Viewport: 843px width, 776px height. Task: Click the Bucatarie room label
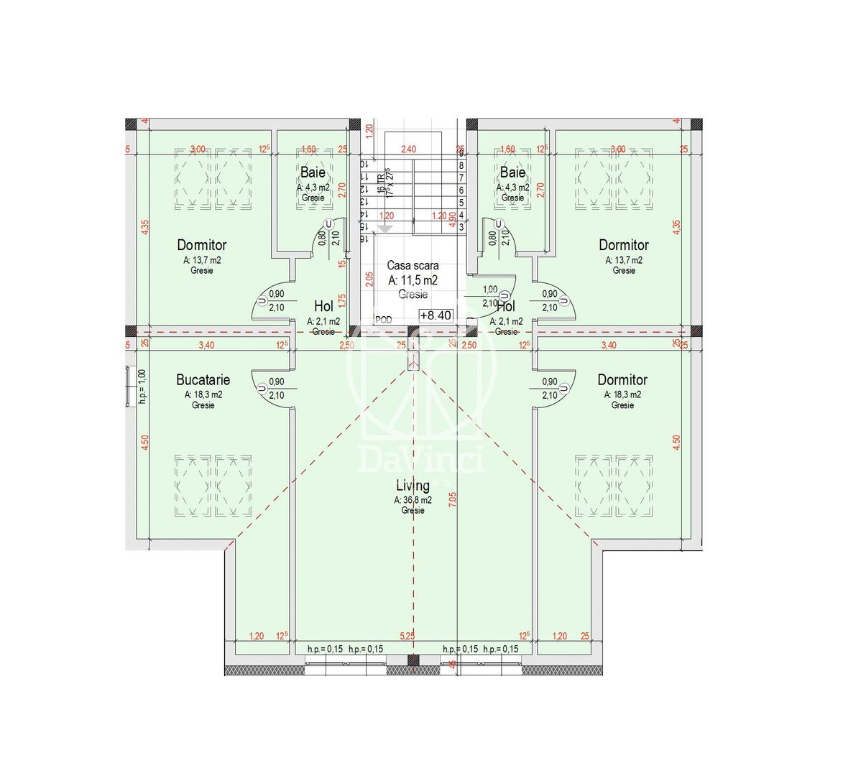[x=203, y=379]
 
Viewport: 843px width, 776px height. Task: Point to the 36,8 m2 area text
[x=413, y=500]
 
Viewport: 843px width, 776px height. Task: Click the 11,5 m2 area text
[x=413, y=280]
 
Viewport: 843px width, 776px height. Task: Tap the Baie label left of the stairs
[x=313, y=172]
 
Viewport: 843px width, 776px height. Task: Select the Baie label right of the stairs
[x=512, y=172]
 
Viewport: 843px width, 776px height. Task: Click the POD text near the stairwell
[x=384, y=320]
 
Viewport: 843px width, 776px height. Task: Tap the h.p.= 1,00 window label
[x=142, y=386]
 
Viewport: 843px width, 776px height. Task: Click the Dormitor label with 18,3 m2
[x=622, y=379]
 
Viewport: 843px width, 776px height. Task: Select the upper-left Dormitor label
[x=202, y=245]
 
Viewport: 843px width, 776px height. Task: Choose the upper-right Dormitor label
[x=624, y=245]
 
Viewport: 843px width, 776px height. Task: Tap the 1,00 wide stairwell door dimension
[x=490, y=290]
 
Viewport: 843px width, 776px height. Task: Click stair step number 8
[x=461, y=165]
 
